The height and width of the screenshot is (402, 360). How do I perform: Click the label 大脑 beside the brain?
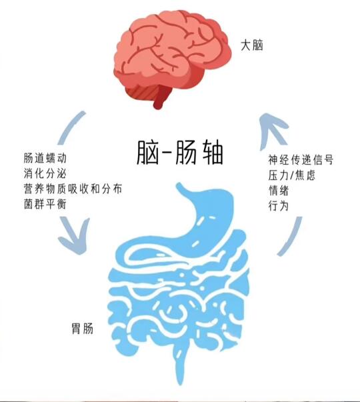click(252, 45)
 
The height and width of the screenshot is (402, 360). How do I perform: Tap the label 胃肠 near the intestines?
click(82, 329)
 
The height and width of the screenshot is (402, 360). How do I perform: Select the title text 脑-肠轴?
click(179, 152)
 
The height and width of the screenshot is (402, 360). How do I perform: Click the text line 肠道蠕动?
click(45, 158)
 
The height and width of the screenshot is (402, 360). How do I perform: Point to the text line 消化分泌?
click(45, 173)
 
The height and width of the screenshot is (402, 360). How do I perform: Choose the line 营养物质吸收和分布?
click(73, 189)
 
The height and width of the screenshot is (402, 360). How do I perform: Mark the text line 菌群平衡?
click(45, 204)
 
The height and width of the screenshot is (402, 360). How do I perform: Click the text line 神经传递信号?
click(301, 160)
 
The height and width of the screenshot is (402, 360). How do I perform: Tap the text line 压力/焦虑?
click(291, 175)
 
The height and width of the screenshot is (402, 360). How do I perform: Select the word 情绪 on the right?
click(279, 191)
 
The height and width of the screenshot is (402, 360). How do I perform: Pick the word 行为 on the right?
click(279, 205)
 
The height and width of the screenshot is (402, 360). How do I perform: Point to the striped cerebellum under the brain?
click(141, 91)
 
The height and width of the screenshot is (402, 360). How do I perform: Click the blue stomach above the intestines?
click(203, 221)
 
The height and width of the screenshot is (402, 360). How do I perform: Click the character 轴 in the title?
click(213, 152)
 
